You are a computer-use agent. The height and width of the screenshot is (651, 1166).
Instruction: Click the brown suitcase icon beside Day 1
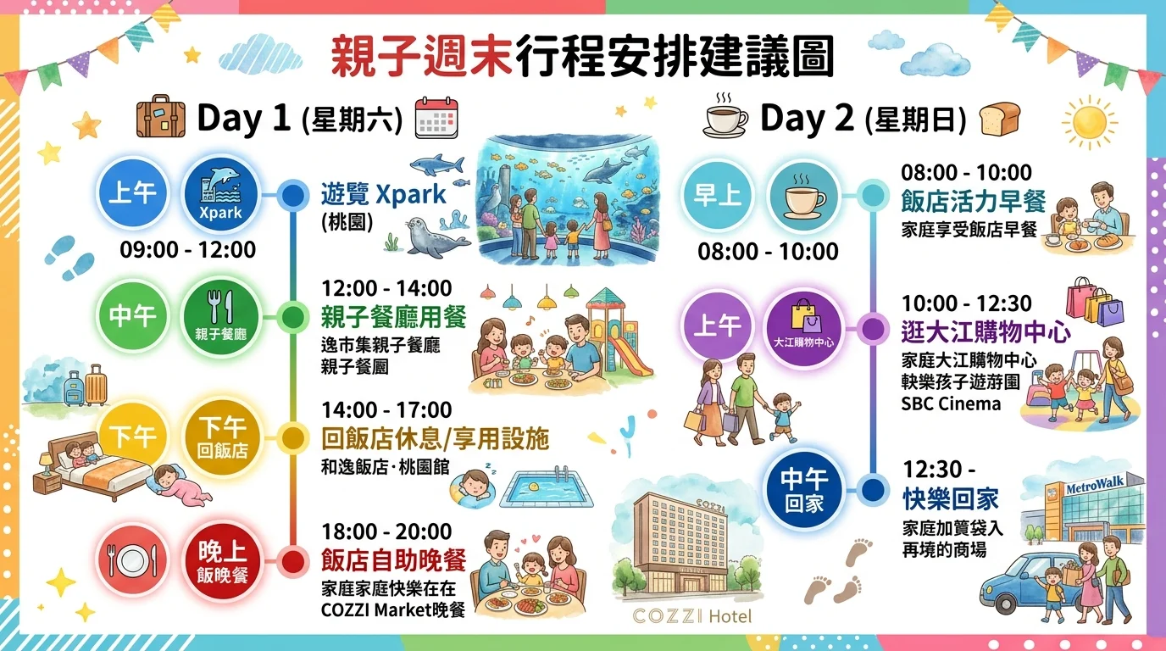coord(161,116)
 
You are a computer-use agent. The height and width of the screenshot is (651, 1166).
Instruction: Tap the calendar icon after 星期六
coord(436,118)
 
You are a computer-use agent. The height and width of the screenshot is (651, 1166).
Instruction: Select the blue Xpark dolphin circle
coord(221,194)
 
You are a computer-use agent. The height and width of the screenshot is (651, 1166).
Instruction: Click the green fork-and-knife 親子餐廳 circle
coord(221,316)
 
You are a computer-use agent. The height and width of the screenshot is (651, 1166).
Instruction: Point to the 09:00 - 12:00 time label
coord(187,250)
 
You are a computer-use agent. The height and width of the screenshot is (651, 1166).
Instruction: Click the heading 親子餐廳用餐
coord(393,317)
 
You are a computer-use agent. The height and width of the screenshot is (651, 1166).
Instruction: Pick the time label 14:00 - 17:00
coord(386,410)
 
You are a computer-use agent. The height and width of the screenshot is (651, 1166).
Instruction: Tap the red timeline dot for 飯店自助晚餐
coord(293,561)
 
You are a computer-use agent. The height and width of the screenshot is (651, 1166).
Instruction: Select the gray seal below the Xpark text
coord(436,238)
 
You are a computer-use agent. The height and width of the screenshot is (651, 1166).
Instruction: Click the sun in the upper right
coord(1089,122)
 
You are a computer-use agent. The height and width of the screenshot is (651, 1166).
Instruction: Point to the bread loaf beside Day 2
coord(999,118)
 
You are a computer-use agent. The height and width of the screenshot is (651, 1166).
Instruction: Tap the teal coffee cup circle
coord(804,196)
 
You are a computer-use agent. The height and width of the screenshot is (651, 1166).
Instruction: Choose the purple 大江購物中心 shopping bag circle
coord(804,328)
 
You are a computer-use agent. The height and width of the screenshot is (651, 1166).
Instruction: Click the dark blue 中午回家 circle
coord(804,491)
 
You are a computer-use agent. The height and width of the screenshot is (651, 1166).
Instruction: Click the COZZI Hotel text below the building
coord(691,616)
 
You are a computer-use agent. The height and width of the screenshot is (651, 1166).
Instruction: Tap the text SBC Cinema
coord(951,404)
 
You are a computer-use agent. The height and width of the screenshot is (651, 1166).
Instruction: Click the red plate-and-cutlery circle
coord(132,561)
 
